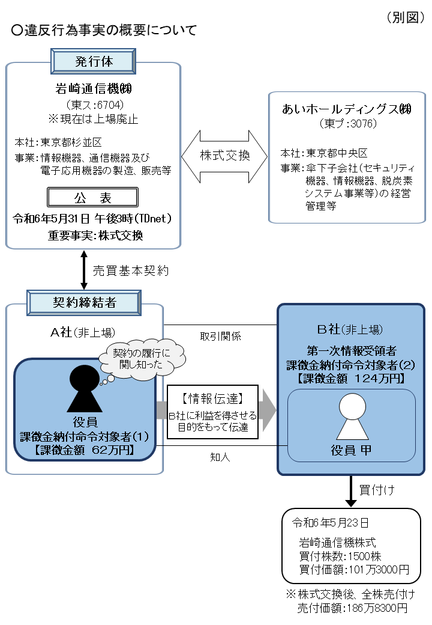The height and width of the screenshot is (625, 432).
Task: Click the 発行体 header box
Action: coord(94,61)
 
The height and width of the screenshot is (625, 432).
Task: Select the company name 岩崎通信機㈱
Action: coord(93,90)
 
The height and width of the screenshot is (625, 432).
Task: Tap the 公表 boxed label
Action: coord(93,198)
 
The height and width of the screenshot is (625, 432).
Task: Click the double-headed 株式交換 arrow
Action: coord(224,155)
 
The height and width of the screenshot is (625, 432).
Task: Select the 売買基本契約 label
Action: coord(131,270)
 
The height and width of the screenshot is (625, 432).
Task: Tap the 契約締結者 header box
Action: coord(85,302)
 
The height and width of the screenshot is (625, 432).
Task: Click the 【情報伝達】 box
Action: coord(212,412)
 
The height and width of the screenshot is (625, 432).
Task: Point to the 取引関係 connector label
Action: coord(220,337)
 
